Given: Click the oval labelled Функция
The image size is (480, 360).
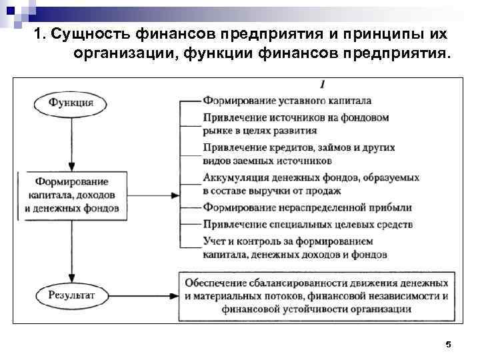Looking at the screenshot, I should [70, 103].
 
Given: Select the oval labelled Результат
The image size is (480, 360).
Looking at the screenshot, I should [71, 294].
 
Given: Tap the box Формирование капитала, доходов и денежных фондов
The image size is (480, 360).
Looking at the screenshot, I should [71, 195].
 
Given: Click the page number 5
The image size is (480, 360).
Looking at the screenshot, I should [448, 344].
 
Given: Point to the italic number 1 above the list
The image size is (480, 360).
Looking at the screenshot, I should [322, 84].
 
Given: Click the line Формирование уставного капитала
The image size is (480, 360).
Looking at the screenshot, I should [287, 101].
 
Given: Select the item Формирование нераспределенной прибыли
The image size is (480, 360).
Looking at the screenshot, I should [307, 207].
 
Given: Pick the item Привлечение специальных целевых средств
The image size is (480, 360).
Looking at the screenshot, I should [308, 224].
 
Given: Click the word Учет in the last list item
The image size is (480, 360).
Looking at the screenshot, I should [214, 241].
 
